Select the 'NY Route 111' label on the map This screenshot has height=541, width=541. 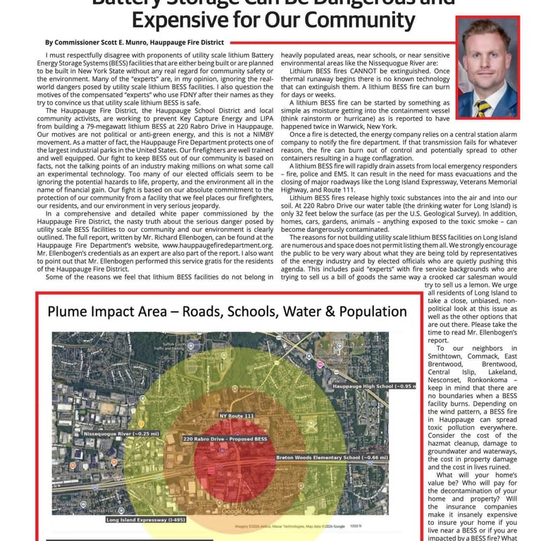point(236,416)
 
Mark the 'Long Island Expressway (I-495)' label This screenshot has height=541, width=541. point(145,520)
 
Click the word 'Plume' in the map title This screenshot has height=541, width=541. point(73,311)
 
